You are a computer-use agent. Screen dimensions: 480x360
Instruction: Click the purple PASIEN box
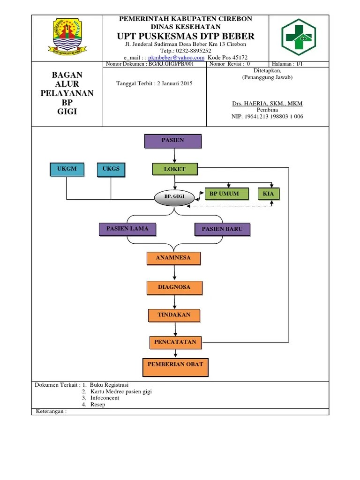point(173,141)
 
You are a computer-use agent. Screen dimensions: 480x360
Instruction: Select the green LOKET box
point(175,169)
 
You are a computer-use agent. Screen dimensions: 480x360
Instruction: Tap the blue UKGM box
point(67,169)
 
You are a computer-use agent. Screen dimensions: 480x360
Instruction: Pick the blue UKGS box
point(111,169)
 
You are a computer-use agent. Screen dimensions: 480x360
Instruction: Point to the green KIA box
point(268,194)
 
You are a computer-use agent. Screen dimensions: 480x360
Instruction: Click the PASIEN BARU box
point(222,229)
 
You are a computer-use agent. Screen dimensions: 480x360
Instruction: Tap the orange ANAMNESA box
point(174,258)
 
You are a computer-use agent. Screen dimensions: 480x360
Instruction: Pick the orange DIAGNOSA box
point(174,287)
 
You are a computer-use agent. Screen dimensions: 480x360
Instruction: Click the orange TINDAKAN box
point(174,315)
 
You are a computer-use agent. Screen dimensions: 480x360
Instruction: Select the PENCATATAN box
point(175,343)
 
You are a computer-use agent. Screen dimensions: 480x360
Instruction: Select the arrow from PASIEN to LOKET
point(174,155)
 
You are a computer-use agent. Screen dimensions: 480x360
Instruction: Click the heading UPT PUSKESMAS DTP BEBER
point(186,36)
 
